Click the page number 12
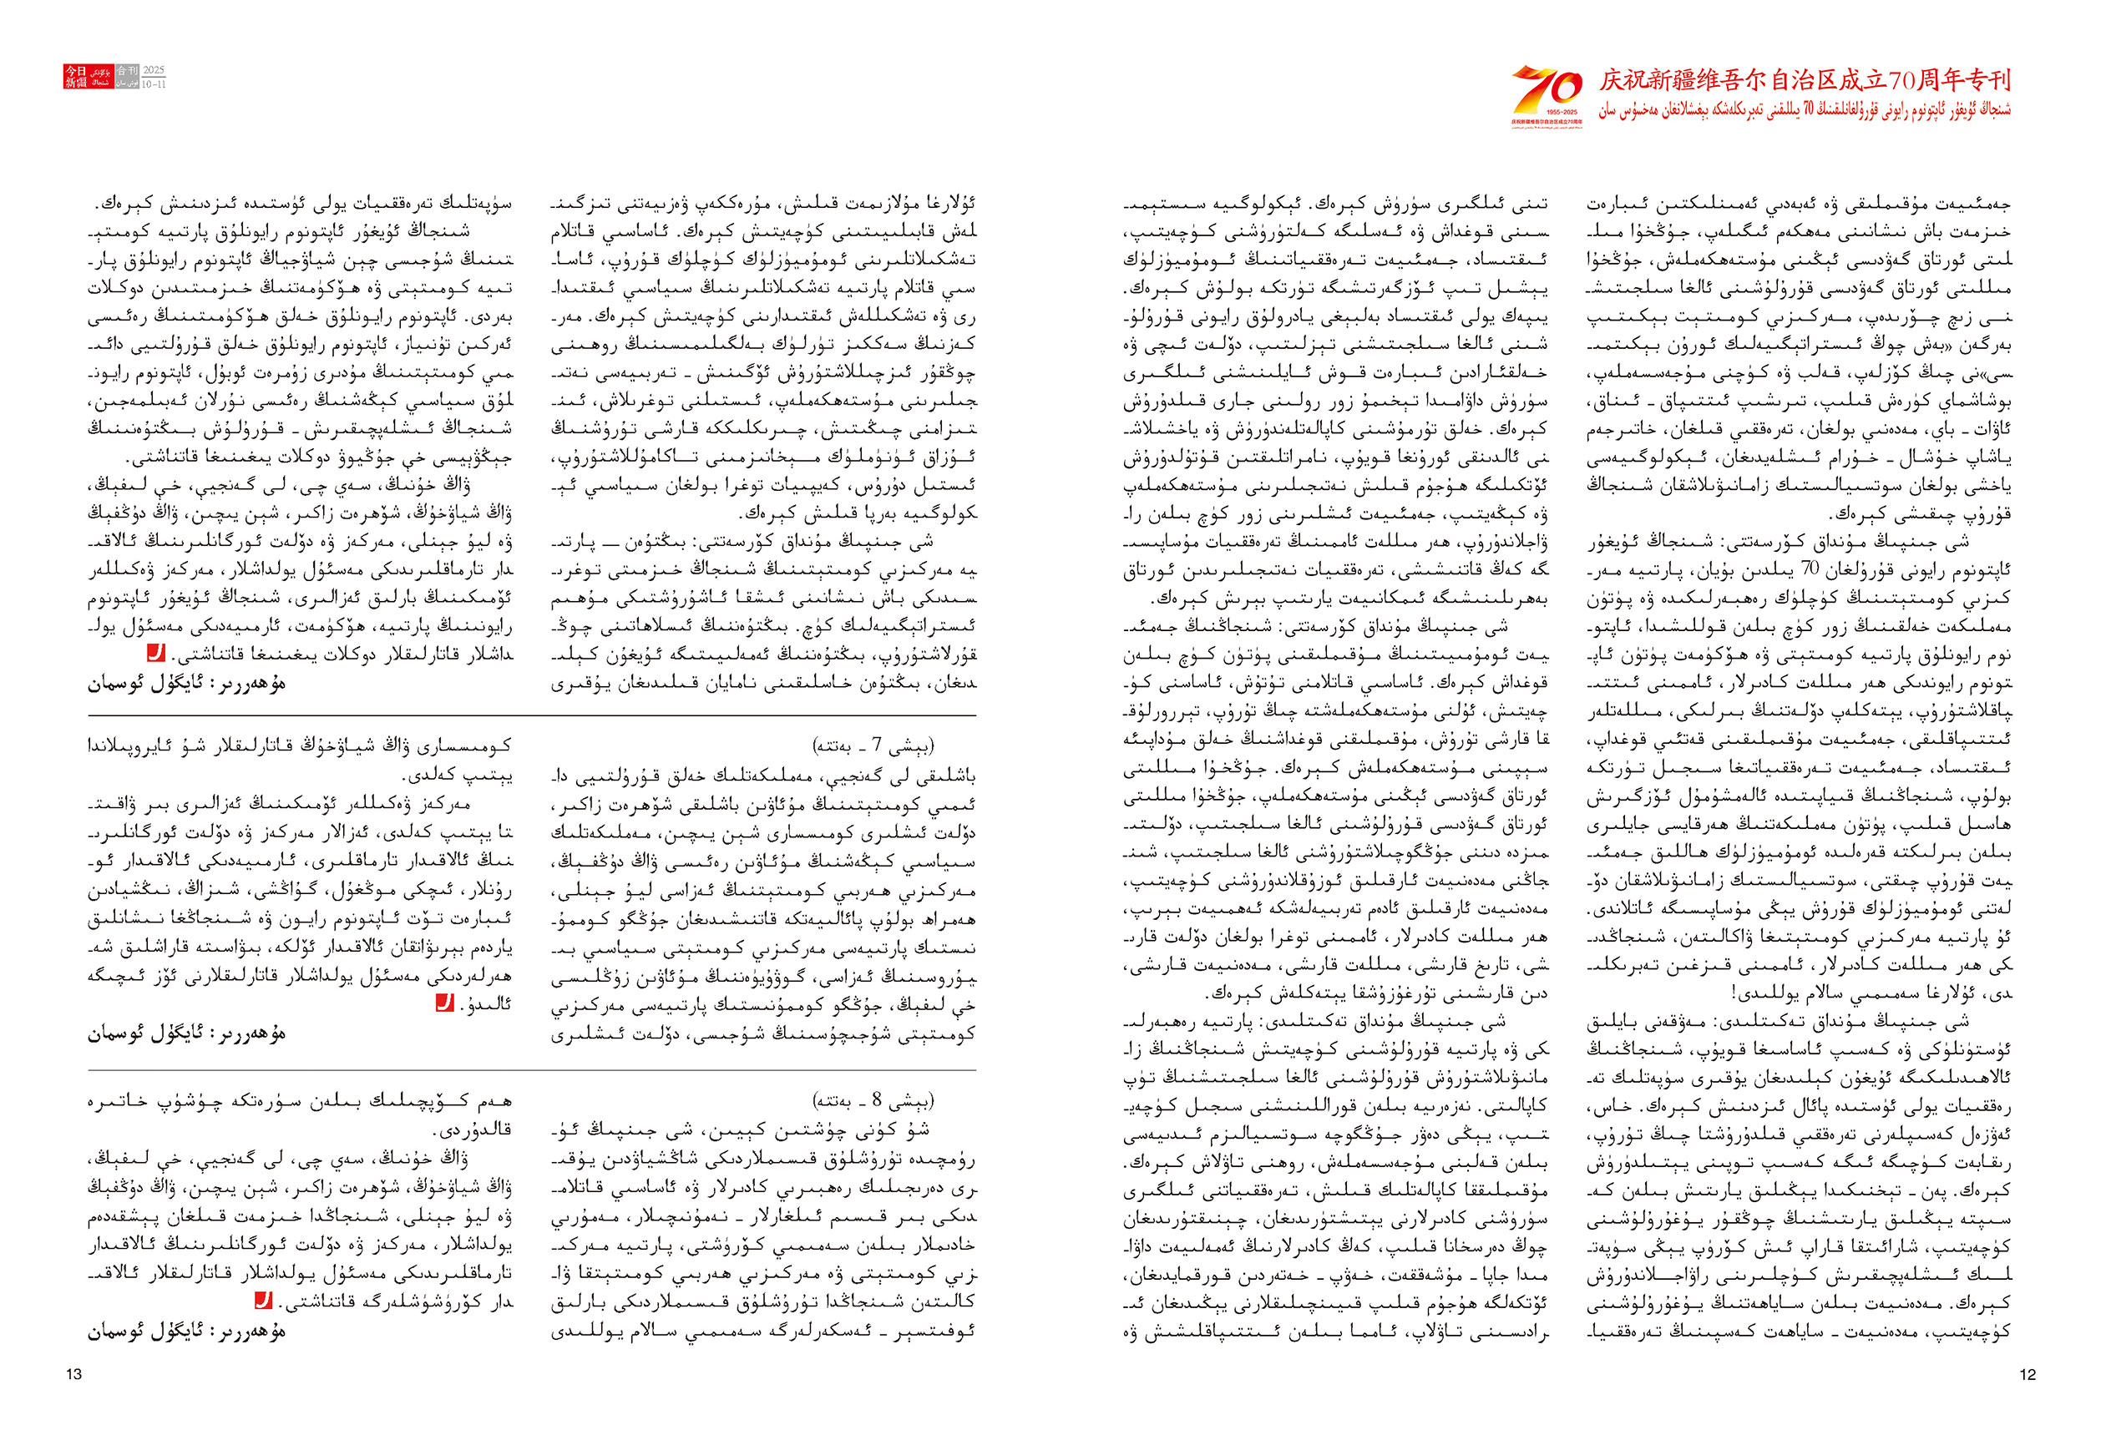[x=2027, y=1374]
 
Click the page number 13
[x=74, y=1374]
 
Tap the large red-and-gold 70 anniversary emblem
[x=1546, y=90]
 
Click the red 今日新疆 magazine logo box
[x=75, y=76]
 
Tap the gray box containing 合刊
[x=128, y=70]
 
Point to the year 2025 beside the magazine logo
[x=154, y=70]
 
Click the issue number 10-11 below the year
[x=154, y=83]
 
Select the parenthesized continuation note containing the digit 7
[x=873, y=746]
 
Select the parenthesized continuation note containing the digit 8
[x=873, y=1100]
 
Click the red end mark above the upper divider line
[x=155, y=653]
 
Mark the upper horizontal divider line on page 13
[x=532, y=715]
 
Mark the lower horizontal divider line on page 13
[x=532, y=1070]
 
